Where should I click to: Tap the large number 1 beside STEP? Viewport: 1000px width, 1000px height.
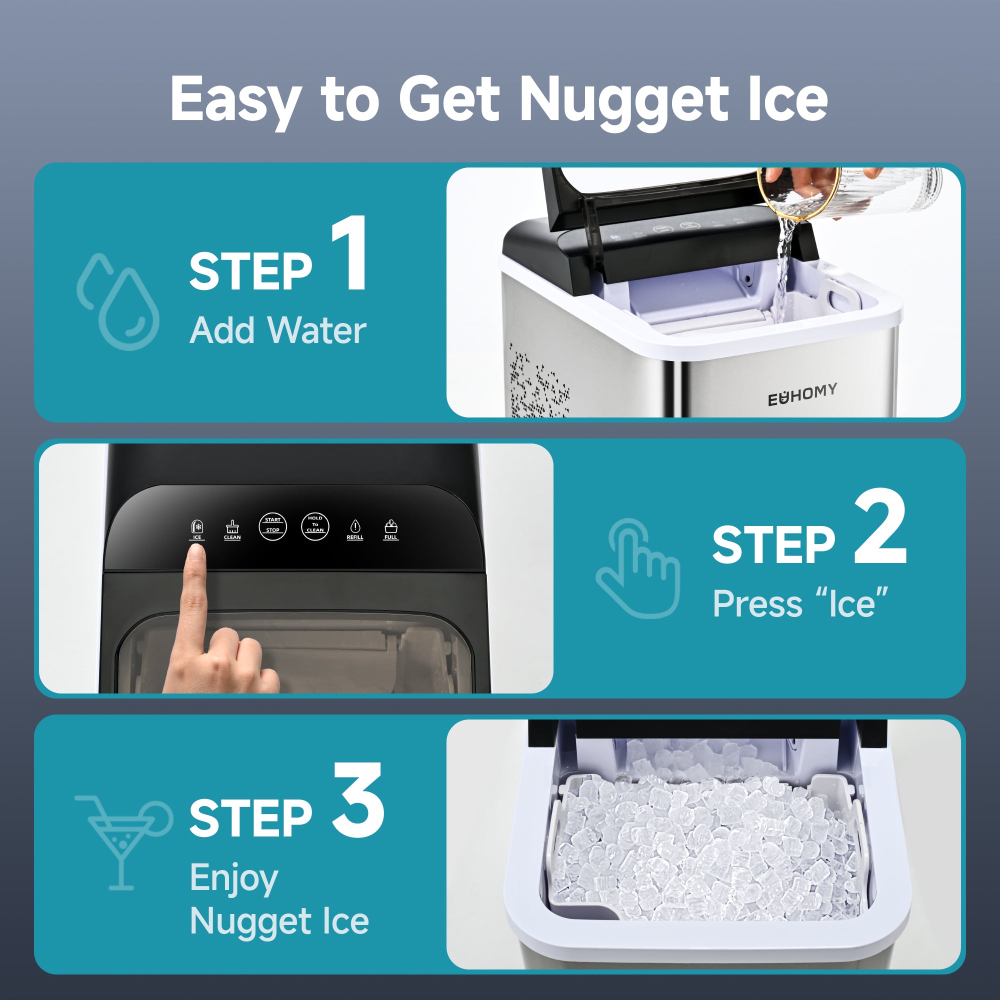point(350,253)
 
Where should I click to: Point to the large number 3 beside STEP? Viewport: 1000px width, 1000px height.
point(358,800)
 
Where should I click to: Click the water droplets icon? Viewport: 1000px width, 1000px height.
point(118,302)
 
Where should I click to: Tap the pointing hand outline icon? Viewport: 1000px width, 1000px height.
point(637,568)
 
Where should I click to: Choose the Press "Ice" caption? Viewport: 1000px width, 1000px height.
point(800,603)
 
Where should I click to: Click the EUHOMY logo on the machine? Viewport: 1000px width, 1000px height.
point(802,394)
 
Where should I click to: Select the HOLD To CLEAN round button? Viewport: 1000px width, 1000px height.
point(314,526)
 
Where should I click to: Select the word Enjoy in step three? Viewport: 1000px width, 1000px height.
point(234,878)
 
